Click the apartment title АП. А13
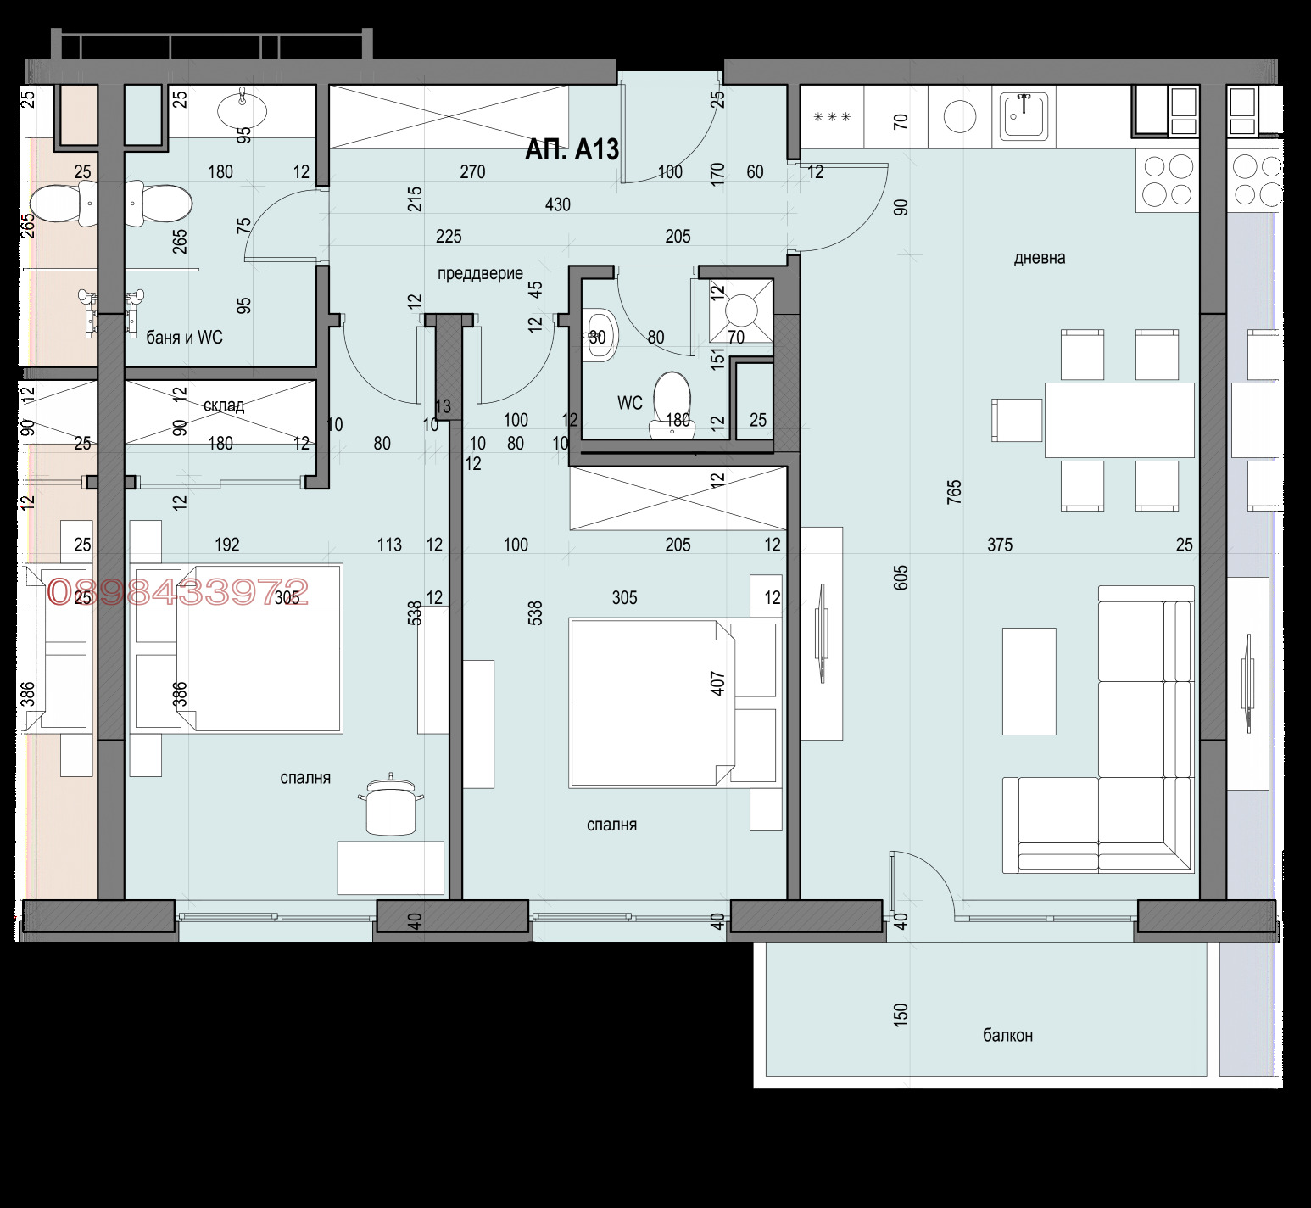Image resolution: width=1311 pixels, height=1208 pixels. pos(572,149)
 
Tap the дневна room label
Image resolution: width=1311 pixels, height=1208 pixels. pos(1040,258)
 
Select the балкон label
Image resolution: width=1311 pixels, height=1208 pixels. pos(1007,1035)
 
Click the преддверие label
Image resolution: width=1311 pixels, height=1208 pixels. pos(480,273)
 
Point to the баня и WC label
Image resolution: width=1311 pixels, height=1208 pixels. pos(184,338)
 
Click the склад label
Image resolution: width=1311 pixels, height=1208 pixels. pos(224,405)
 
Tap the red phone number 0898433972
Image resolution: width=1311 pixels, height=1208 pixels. pos(178,592)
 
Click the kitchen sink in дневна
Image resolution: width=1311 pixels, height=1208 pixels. pos(1025,116)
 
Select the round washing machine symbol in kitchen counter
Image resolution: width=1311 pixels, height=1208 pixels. pos(960,117)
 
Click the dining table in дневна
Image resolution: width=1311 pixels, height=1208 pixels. pos(1119,420)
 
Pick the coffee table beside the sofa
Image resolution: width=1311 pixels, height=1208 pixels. pos(1029,681)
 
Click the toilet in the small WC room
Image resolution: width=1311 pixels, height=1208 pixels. pos(673,405)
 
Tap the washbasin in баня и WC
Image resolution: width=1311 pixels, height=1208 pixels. pos(243,109)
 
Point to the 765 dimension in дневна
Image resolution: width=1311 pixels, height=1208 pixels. pos(954,493)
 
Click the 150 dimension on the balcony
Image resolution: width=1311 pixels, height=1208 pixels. pos(901,1014)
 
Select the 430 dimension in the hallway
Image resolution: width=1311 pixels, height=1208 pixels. pos(558,204)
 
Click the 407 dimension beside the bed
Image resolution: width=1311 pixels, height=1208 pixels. pos(718,684)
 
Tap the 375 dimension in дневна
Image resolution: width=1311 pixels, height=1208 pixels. pos(1000,545)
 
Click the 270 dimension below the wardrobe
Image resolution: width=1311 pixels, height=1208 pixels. pos(472,172)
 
